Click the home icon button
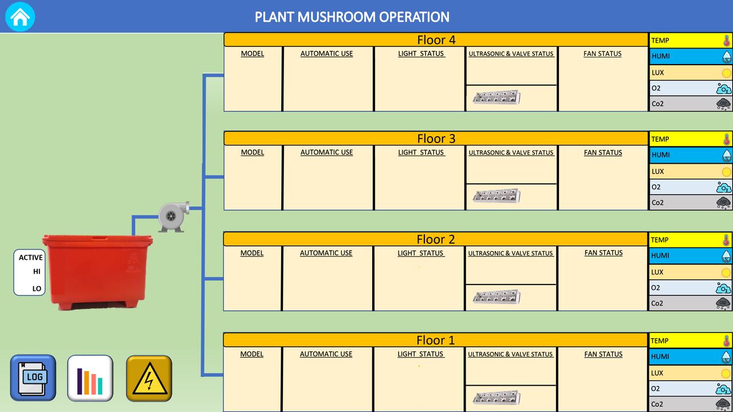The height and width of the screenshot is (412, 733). (20, 17)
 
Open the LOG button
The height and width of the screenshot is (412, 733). (33, 378)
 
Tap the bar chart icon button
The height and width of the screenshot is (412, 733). (90, 378)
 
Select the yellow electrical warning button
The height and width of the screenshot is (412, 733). (149, 378)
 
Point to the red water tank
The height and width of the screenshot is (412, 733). (97, 272)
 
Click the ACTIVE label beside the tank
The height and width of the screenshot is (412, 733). (31, 257)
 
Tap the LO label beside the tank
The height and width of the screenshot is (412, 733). (37, 289)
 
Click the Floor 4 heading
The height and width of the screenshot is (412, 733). (436, 40)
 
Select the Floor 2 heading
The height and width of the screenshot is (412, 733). (436, 239)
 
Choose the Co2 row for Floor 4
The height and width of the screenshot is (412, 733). (691, 104)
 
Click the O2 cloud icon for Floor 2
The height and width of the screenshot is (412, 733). (723, 288)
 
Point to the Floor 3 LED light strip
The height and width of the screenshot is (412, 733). (496, 196)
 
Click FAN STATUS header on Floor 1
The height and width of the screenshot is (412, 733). (604, 354)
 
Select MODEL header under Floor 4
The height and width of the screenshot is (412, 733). (253, 54)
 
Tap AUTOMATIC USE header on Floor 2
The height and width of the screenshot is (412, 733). (326, 253)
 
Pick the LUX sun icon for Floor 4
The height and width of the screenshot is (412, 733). (726, 73)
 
